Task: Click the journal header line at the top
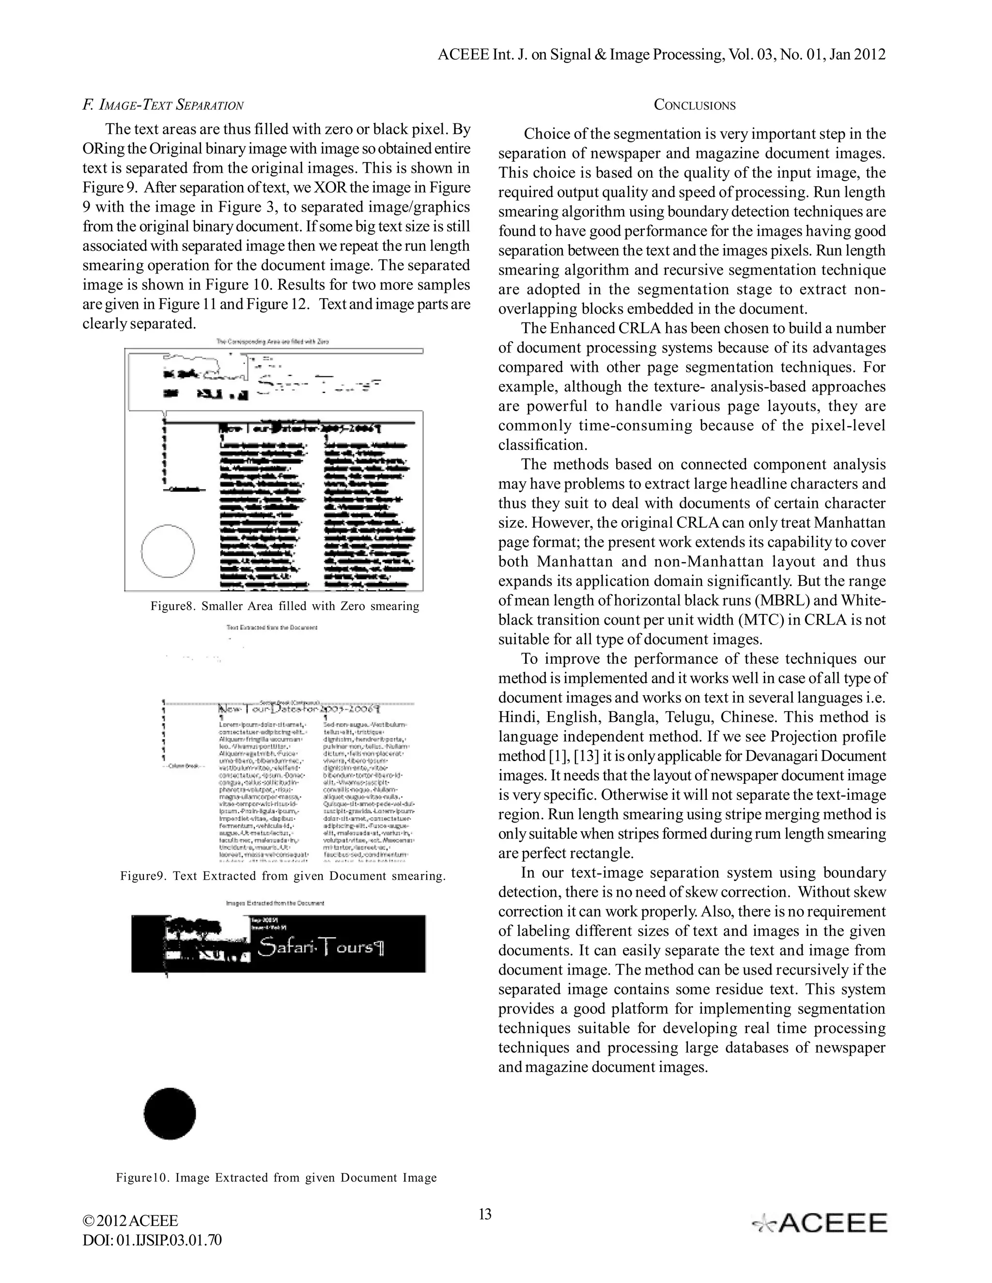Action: pos(661,55)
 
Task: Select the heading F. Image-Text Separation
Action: pos(163,105)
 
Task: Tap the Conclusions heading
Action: pos(695,105)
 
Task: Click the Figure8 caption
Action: pos(285,606)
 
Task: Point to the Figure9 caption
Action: pos(283,876)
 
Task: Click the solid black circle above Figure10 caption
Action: pos(170,1113)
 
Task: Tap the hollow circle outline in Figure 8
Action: pos(168,551)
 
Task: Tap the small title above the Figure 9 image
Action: pos(272,627)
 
